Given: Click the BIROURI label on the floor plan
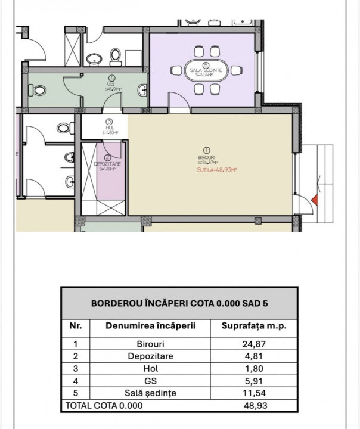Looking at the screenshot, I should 207,157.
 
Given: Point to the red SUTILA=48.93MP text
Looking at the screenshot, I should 218,170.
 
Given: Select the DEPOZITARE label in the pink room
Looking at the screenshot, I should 108,163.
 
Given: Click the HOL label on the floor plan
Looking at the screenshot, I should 109,127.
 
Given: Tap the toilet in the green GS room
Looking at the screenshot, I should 39,91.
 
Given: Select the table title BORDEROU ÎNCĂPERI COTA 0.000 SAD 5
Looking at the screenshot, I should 179,303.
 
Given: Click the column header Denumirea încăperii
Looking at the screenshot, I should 150,326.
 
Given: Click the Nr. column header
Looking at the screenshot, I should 76,326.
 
